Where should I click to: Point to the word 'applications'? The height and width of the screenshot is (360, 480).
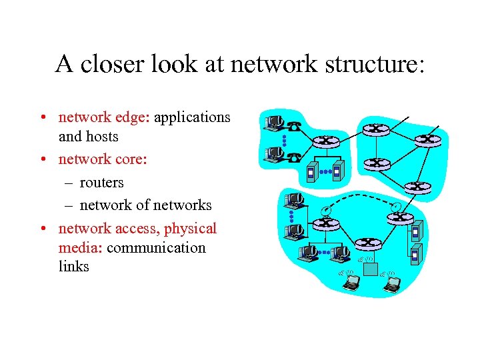[193, 117]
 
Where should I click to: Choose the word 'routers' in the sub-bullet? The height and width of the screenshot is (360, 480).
[102, 182]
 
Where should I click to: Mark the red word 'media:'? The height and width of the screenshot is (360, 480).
[81, 248]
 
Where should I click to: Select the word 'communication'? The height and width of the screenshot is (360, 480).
[156, 248]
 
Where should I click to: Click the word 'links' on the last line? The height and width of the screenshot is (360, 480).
[73, 267]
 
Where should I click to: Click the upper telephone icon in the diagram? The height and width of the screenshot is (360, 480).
[294, 124]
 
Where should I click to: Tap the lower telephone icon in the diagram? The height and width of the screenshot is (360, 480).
[294, 157]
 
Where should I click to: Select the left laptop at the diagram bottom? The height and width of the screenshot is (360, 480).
[351, 283]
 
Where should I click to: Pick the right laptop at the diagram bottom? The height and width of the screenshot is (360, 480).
[393, 283]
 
